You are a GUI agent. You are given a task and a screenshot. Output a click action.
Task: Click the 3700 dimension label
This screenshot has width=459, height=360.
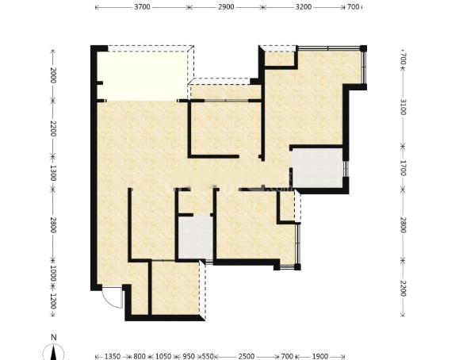coord(142,6)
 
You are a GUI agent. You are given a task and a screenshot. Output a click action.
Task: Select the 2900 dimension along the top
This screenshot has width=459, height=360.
coord(226,6)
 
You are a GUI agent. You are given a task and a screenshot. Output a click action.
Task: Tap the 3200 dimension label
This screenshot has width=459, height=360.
coord(304,6)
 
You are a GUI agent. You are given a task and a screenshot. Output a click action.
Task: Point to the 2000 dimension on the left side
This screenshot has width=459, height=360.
coord(53,75)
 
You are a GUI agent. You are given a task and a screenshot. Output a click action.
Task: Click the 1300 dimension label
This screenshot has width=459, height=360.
coord(53,173)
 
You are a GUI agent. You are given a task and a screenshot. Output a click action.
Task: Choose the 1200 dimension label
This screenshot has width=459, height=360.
coord(53,301)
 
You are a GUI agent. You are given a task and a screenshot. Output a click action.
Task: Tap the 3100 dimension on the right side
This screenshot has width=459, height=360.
coord(403,107)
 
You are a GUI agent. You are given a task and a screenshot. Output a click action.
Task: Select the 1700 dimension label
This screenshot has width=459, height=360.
coord(403,168)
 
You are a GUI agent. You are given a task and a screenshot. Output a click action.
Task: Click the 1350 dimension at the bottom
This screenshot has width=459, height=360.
coord(113,356)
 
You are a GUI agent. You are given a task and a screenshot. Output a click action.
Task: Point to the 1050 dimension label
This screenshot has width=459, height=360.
coord(163,356)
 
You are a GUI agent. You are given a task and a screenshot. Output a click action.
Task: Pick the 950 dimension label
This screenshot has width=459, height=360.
coord(189,356)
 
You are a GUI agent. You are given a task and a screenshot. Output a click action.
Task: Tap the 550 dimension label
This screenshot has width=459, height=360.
coord(208,356)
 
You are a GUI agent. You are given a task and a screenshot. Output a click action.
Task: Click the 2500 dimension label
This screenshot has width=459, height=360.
coord(247,356)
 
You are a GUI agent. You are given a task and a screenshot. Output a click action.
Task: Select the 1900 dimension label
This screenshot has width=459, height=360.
coord(320,356)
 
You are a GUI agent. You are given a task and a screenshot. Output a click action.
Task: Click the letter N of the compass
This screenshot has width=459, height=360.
coord(54,338)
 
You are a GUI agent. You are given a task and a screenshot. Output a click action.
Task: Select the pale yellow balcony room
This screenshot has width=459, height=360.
coord(142,76)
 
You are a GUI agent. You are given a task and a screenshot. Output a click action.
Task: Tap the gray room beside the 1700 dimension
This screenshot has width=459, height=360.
coord(318,167)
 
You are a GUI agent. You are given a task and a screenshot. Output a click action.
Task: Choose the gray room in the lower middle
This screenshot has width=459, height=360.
coord(196,238)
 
